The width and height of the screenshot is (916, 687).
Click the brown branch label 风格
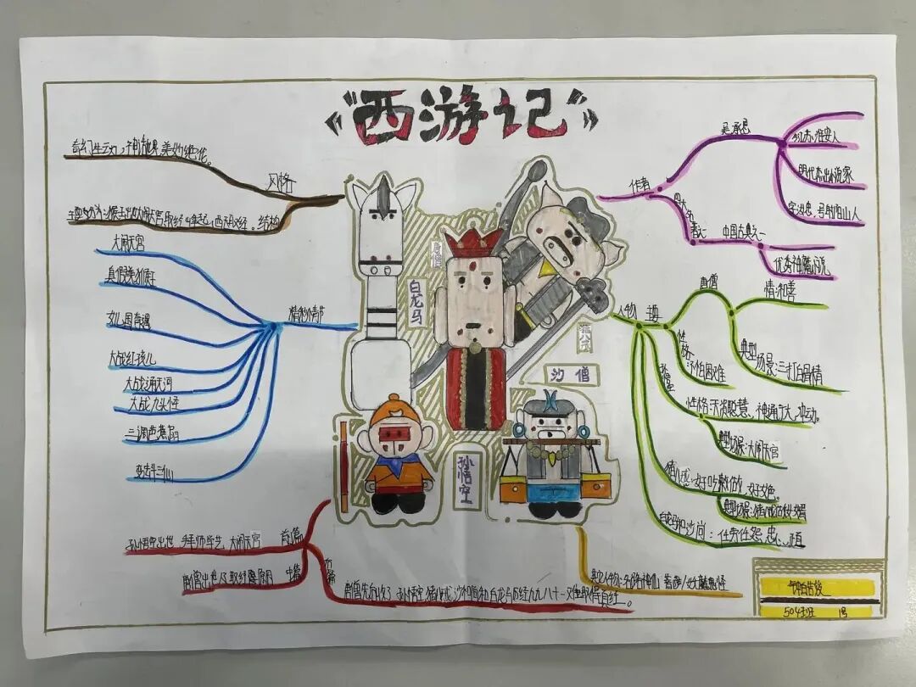click(279, 182)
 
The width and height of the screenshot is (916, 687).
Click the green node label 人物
click(628, 311)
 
